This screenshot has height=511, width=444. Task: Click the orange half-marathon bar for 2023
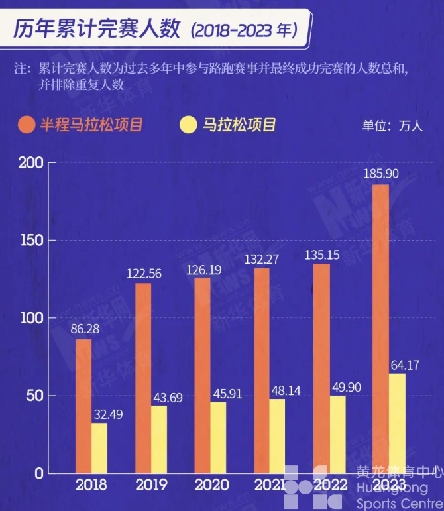[x=381, y=328]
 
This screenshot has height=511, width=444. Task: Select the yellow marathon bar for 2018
[x=99, y=447]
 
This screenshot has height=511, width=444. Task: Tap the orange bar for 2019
[x=143, y=378]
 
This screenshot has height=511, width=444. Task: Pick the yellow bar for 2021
[x=278, y=435]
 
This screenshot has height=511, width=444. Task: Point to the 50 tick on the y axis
[x=34, y=396]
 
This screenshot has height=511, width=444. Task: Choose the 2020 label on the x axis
[x=211, y=485]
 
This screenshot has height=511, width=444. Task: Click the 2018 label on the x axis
[x=91, y=485]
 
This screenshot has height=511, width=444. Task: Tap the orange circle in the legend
[x=27, y=125]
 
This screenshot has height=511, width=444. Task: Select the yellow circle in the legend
[x=189, y=125]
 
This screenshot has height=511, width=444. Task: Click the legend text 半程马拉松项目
[x=91, y=125]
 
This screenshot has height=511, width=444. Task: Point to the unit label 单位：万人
[x=392, y=126]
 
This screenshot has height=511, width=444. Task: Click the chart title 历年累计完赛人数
[x=96, y=29]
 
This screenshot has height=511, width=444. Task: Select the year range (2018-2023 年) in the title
[x=243, y=30]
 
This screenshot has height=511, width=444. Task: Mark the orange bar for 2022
[x=321, y=368]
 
